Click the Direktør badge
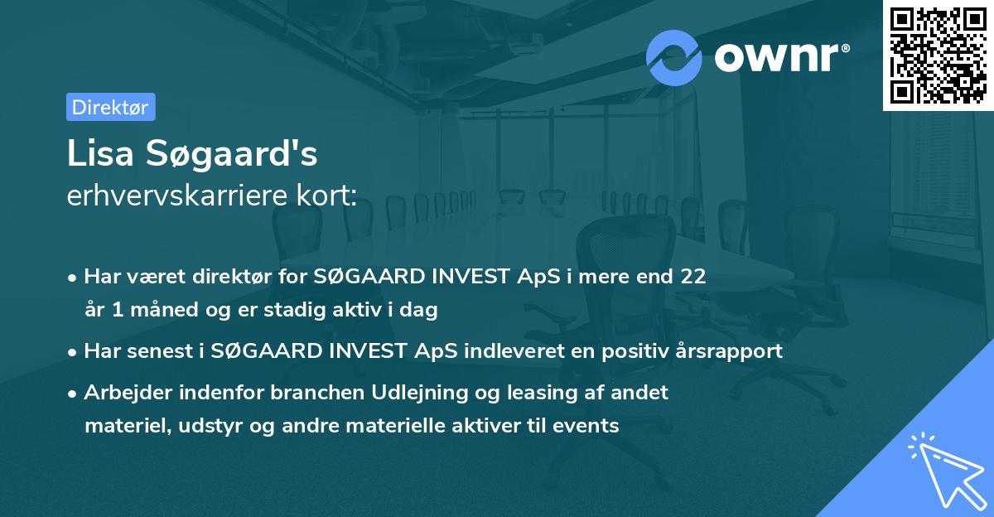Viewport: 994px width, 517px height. click(x=110, y=107)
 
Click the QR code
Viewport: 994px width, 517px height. click(x=939, y=55)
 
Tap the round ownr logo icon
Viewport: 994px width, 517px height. click(x=674, y=57)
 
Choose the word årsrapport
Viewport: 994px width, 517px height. click(x=737, y=351)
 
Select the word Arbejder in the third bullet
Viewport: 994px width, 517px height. click(x=119, y=393)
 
